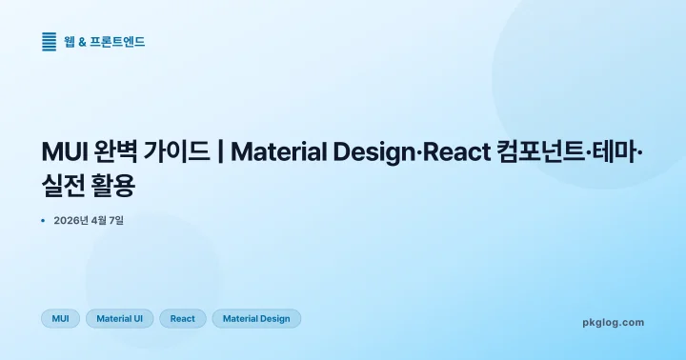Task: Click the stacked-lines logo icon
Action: [x=50, y=41]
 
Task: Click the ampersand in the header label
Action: [x=83, y=41]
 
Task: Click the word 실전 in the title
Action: [x=64, y=187]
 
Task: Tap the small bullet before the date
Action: [x=44, y=221]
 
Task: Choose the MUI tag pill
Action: [x=60, y=318]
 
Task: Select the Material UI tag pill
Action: [x=119, y=318]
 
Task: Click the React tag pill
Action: [x=183, y=318]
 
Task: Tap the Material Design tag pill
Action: [x=256, y=318]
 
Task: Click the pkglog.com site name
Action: [x=613, y=322]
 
